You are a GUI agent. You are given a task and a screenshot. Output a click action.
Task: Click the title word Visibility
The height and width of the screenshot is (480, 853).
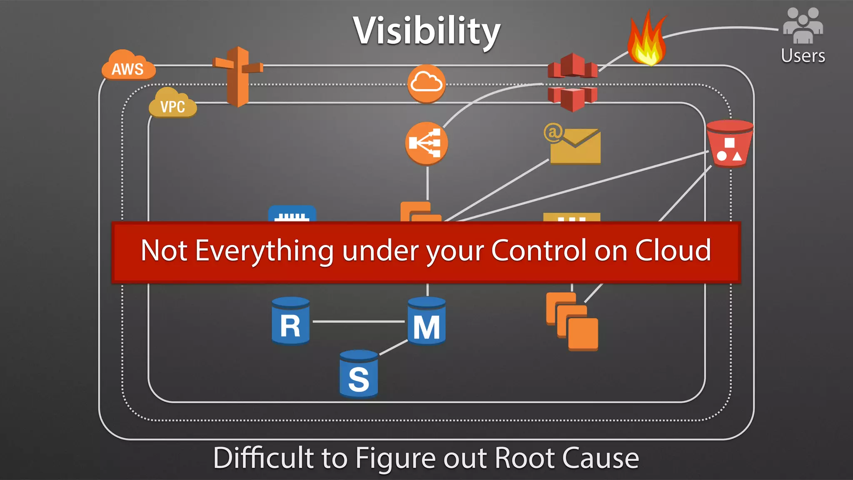(426, 31)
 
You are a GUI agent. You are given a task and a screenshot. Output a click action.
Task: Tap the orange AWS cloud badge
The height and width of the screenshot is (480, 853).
(128, 67)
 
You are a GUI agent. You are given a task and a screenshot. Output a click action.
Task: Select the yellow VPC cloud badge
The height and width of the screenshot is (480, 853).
(172, 104)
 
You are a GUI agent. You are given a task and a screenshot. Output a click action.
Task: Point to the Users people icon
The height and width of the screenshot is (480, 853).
(803, 26)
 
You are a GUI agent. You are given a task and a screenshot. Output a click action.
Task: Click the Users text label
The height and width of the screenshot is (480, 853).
(803, 56)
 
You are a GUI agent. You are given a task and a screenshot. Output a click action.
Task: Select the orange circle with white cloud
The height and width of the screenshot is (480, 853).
(426, 83)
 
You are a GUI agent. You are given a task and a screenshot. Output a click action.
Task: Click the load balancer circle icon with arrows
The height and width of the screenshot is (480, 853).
(426, 143)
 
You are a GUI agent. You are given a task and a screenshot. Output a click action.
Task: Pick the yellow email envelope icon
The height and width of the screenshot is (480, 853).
(574, 146)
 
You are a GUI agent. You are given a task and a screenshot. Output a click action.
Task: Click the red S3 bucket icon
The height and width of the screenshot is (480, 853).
(730, 144)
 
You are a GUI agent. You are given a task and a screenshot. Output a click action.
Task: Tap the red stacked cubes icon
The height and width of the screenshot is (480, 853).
(572, 82)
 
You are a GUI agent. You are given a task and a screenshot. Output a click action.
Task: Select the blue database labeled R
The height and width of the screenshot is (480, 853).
(290, 321)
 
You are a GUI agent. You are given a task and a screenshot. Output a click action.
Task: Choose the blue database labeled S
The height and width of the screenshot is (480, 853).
(359, 374)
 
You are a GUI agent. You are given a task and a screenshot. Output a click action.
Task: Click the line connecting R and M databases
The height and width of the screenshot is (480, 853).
(358, 322)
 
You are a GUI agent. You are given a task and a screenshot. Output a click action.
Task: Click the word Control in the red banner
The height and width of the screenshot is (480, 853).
(539, 251)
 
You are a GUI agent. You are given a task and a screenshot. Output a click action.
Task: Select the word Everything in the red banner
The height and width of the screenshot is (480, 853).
(264, 251)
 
